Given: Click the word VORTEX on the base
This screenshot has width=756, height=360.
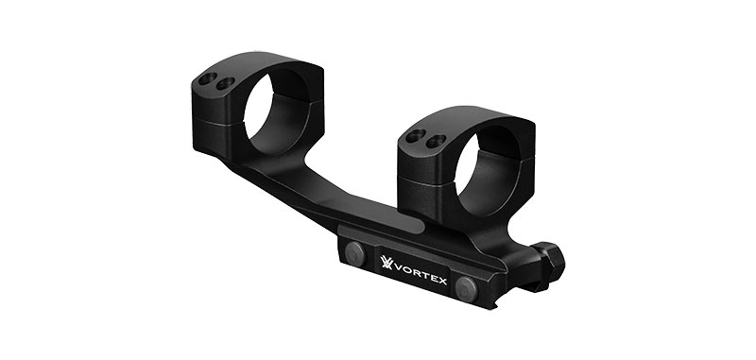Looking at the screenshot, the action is point(421,274).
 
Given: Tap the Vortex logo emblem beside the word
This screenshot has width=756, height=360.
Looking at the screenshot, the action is point(387,262).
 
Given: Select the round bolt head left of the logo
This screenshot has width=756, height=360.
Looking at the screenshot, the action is point(356,253).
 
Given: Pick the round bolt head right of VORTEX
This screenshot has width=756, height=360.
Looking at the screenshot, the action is point(466,289).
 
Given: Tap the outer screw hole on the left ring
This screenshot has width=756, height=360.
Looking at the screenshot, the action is point(208,78).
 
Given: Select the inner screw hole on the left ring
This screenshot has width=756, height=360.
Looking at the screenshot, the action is point(225,83).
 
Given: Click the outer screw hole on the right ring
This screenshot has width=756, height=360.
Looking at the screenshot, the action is point(416,136).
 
